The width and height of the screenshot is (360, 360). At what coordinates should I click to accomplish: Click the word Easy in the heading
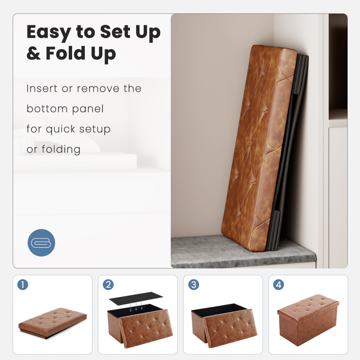49,32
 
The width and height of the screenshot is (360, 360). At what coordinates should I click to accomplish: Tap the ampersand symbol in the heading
34,53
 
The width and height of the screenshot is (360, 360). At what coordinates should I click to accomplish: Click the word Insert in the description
42,88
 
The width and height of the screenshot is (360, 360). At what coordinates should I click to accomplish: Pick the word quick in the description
61,129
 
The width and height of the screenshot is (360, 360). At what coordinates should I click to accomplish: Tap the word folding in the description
61,149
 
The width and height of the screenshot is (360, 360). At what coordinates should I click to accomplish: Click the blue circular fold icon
41,243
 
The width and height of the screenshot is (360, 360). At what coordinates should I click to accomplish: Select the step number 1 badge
23,285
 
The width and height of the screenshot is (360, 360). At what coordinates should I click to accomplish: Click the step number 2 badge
108,285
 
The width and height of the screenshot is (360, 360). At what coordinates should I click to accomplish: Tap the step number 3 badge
194,285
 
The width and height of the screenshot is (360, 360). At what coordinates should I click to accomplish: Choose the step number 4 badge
278,285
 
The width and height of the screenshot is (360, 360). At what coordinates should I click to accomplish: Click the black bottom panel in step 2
136,298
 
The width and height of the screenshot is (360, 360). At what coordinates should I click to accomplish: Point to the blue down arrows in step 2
136,307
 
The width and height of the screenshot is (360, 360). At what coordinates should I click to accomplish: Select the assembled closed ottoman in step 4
308,320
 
